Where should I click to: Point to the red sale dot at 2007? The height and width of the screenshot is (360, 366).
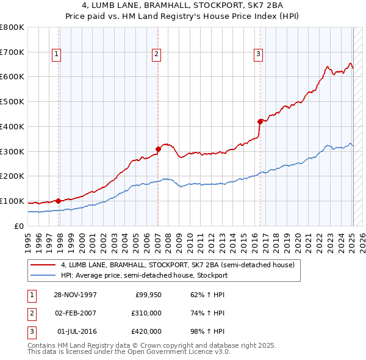click(158, 148)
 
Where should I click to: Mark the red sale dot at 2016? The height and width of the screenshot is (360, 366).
click(260, 121)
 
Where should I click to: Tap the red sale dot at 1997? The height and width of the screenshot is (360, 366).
click(59, 201)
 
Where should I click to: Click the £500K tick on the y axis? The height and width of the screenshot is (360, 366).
click(12, 102)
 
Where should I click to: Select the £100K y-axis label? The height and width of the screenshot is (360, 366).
click(12, 201)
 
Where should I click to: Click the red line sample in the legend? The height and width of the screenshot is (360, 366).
click(43, 265)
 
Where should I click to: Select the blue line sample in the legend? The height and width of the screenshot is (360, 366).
click(43, 275)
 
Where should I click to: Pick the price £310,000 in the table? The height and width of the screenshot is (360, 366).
click(147, 313)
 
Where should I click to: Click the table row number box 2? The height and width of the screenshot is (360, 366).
click(30, 313)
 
